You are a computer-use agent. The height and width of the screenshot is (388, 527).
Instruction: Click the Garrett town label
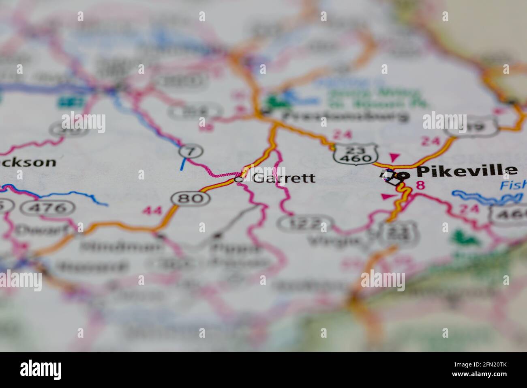(284, 178)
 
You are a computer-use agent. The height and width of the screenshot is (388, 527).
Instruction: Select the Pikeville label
(467, 171)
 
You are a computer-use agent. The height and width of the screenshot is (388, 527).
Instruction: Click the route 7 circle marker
(188, 151)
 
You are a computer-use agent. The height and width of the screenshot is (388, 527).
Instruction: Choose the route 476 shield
(48, 208)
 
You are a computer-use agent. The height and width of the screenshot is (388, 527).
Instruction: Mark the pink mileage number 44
(151, 211)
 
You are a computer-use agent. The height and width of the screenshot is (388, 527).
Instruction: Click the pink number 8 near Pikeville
(420, 185)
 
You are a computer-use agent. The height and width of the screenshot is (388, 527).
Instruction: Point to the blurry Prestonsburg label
(345, 116)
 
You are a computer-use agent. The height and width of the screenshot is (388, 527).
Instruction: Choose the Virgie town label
(334, 241)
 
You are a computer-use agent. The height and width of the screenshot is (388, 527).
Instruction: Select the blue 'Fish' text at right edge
(513, 185)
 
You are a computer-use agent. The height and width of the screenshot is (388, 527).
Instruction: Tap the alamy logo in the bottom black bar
(41, 370)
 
